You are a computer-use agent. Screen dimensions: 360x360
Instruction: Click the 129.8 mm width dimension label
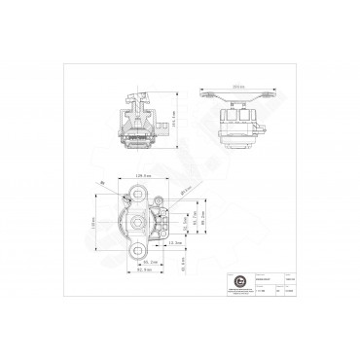coord(146,175)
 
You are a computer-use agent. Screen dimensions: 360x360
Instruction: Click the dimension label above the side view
coord(238,86)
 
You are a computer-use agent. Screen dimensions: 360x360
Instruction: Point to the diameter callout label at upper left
coord(101,182)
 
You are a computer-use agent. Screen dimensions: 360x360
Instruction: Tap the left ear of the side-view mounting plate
coord(208,95)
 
